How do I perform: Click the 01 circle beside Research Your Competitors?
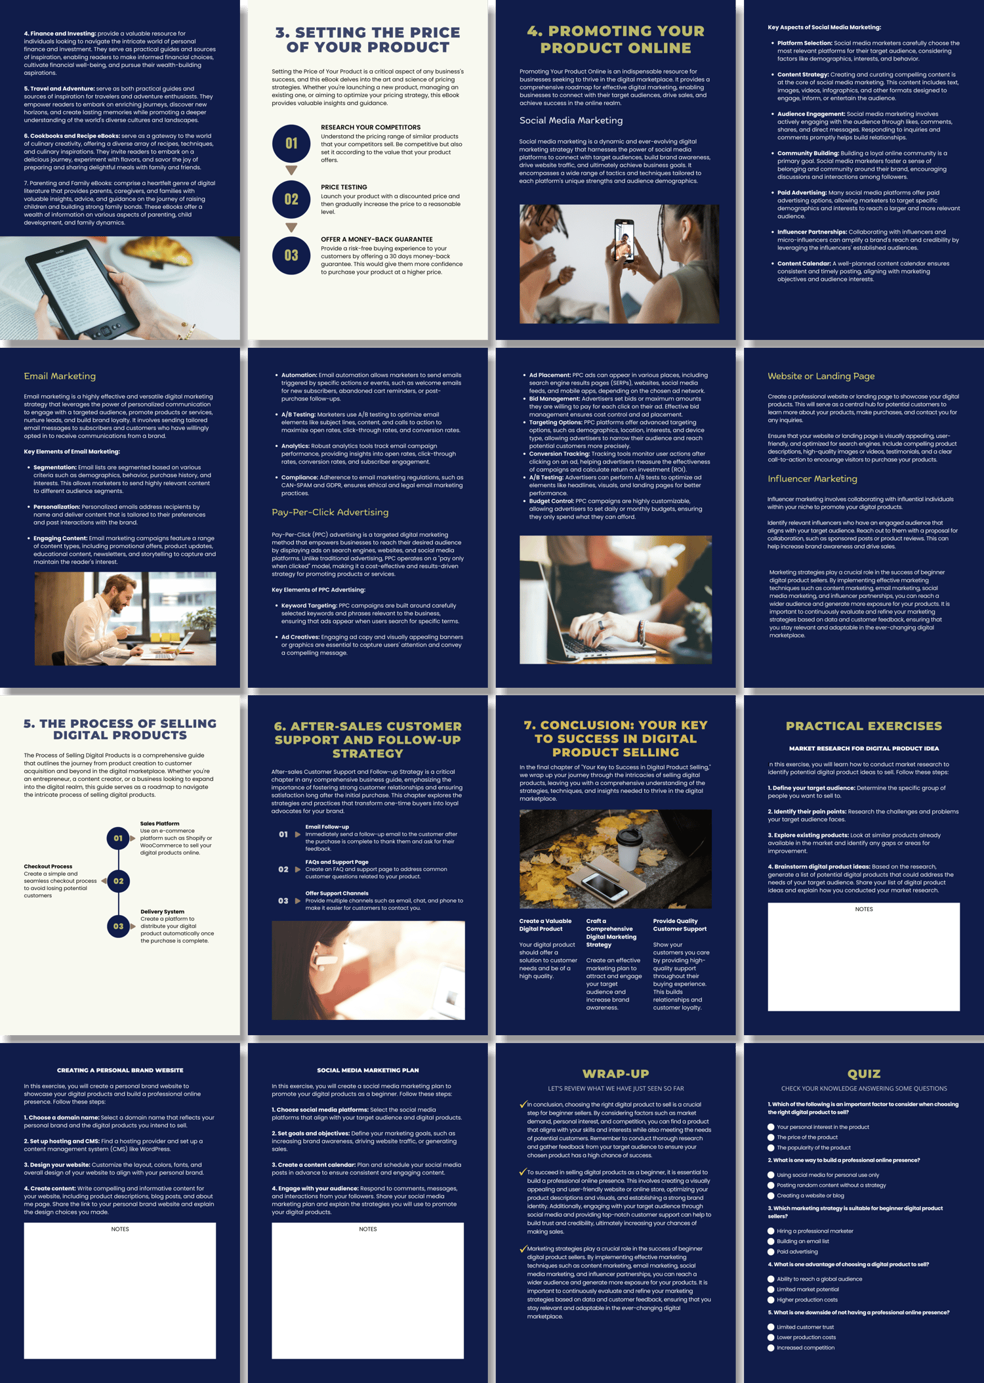[x=291, y=143]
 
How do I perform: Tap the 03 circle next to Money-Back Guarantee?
[x=291, y=255]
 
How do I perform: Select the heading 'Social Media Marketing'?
[x=571, y=121]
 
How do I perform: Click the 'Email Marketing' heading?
[x=60, y=376]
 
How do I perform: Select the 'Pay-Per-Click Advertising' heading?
[x=330, y=512]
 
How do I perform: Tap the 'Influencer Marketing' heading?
[x=812, y=479]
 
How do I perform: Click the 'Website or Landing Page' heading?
[x=821, y=376]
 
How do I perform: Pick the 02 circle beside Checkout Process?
[x=118, y=881]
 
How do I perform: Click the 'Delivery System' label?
[x=162, y=912]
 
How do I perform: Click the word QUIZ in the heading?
[x=864, y=1074]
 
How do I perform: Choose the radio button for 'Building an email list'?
[x=771, y=1241]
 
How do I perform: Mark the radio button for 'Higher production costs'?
[x=771, y=1300]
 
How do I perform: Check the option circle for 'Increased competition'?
[x=771, y=1348]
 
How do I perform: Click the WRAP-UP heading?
[x=615, y=1074]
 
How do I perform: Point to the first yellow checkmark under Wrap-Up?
[x=523, y=1105]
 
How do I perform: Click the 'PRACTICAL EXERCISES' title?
[x=863, y=726]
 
